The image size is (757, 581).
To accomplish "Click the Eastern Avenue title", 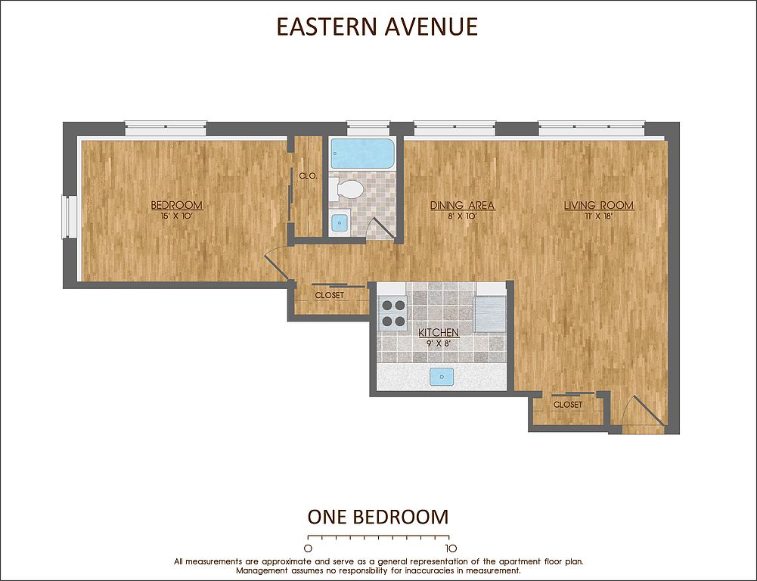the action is tap(377, 26).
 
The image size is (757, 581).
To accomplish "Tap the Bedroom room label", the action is tap(177, 205).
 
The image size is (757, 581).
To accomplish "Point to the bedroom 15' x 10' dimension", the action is tap(177, 217).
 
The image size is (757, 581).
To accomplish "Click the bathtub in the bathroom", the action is tap(362, 154).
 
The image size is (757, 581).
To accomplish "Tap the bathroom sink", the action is tap(340, 223).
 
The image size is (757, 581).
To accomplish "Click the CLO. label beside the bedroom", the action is tap(308, 176).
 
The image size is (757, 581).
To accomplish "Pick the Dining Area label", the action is tap(463, 205).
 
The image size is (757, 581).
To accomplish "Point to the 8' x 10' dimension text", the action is tap(463, 217).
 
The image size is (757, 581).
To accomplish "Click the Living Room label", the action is tap(599, 205).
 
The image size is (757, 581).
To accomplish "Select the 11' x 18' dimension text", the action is tap(599, 217).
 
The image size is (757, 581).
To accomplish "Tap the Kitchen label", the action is tap(439, 333).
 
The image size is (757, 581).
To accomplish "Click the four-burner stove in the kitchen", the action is tap(393, 313).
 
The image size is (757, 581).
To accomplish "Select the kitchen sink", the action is tap(442, 377).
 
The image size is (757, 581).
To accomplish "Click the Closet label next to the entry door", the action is tap(568, 405).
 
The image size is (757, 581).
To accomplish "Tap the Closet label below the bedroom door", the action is tap(329, 295).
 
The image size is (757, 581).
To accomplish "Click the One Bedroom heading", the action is tap(378, 517).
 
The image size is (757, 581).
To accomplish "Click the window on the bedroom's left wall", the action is tap(69, 217).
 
